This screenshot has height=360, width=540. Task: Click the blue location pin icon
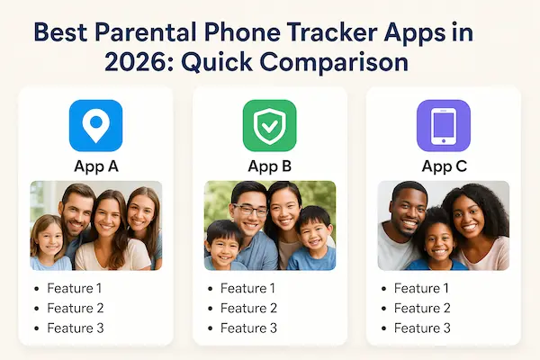point(95,125)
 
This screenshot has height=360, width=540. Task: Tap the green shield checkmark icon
point(269,125)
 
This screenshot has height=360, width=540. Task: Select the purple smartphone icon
point(443,125)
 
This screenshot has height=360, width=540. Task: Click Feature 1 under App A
point(76,288)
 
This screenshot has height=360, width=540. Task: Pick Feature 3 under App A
point(76,328)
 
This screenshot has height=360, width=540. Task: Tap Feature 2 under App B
point(249,308)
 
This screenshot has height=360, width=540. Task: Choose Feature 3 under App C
point(423,328)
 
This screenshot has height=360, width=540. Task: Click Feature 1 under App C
point(423,288)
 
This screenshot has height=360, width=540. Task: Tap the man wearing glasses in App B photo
point(248,209)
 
